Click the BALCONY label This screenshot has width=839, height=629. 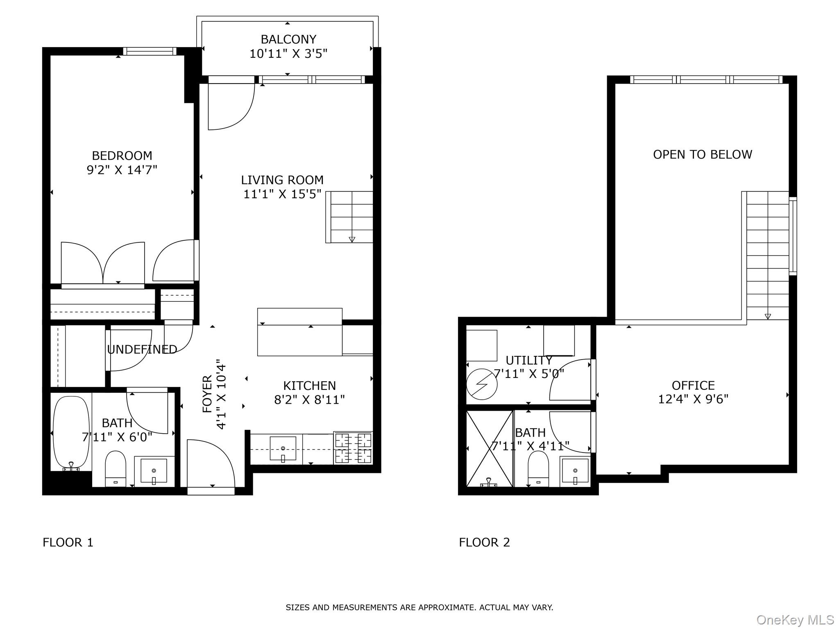(288, 40)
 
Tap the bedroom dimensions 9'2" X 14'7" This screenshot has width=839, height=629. (122, 170)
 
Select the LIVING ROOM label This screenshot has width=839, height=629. (282, 180)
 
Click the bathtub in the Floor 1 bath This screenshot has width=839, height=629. (71, 432)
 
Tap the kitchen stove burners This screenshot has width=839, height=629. (353, 448)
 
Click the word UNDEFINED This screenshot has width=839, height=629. (142, 349)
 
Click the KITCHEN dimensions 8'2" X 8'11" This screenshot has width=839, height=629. (309, 400)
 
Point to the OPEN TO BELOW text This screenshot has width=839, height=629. (702, 155)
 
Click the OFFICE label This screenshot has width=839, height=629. (693, 385)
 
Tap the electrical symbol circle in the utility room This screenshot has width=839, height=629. (482, 385)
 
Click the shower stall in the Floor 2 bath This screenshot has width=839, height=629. (490, 449)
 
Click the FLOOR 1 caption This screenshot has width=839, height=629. (68, 543)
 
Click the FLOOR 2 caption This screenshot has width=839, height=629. (484, 543)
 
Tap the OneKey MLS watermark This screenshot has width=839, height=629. (795, 620)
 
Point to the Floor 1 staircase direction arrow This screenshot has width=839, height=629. (352, 240)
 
